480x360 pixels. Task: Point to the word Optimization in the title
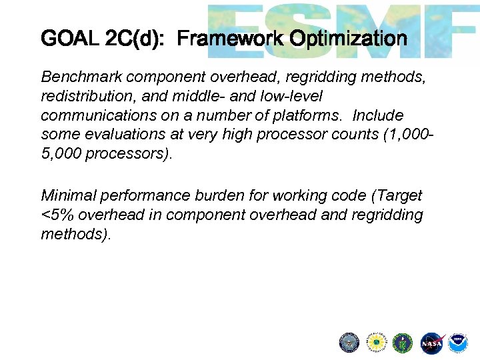pyautogui.click(x=348, y=39)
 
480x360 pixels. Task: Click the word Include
pyautogui.click(x=378, y=115)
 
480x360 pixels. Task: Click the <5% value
pyautogui.click(x=55, y=215)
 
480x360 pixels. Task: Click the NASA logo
pyautogui.click(x=431, y=343)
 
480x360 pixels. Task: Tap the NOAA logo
pyautogui.click(x=457, y=343)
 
